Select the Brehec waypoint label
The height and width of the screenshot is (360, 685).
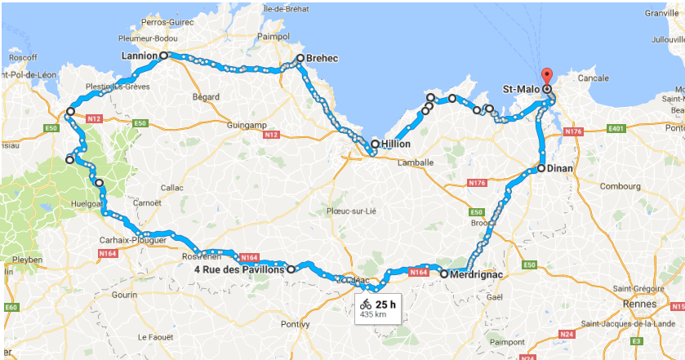tap(322, 58)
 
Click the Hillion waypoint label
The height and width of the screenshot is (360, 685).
tap(395, 144)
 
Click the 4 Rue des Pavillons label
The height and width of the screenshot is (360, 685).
tap(239, 269)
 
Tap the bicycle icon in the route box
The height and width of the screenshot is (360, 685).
tap(366, 305)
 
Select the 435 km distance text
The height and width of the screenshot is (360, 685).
tap(373, 314)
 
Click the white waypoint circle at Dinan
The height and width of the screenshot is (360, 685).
tap(540, 168)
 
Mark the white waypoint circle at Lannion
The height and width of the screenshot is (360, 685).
tap(163, 56)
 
